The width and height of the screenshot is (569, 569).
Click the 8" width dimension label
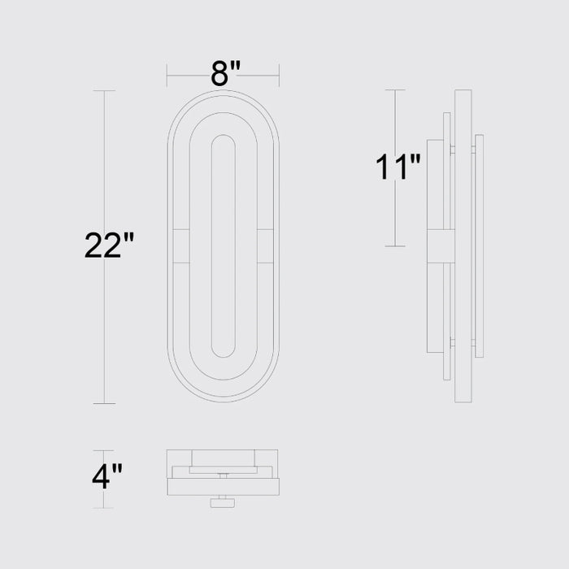click(225, 74)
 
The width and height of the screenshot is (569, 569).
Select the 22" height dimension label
click(109, 245)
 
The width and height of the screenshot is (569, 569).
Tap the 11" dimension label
click(398, 167)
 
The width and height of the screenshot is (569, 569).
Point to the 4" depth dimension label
click(107, 476)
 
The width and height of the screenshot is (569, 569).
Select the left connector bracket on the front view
click(180, 246)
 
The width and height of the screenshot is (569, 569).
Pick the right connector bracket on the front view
click(265, 246)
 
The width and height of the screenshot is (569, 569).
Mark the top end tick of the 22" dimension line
click(104, 91)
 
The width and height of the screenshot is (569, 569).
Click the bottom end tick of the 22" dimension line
click(104, 403)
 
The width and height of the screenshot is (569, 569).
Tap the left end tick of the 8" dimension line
click(167, 76)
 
